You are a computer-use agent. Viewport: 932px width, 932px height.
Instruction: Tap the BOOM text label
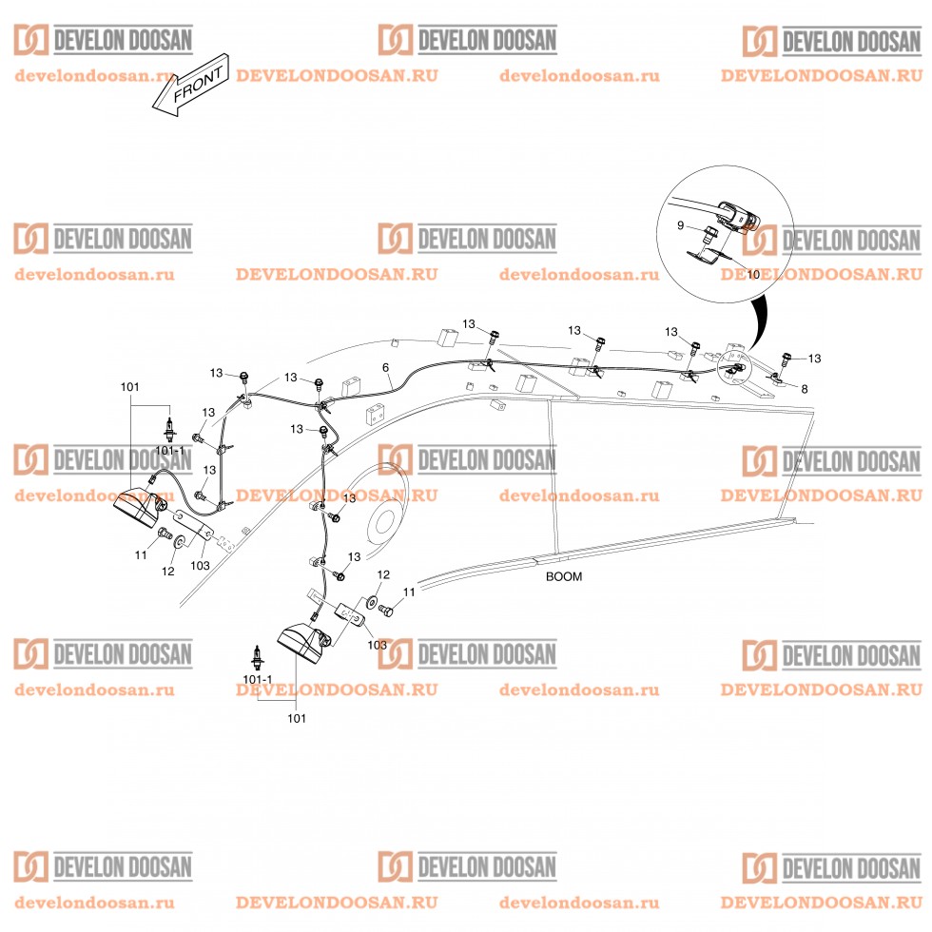[x=563, y=576]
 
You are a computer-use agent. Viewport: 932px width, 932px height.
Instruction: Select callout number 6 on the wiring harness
[x=385, y=367]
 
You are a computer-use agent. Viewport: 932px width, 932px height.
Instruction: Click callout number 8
[x=805, y=389]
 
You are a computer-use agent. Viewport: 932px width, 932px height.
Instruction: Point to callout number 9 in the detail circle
[x=681, y=226]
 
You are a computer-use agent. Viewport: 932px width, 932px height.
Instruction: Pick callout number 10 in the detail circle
[x=753, y=275]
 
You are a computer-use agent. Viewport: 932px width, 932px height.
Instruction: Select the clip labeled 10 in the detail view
[x=708, y=256]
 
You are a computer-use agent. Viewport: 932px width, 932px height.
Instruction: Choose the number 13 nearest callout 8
[x=814, y=359]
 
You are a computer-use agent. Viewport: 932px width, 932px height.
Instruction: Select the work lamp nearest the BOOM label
[x=304, y=642]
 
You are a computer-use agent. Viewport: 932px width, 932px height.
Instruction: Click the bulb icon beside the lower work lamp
[x=258, y=657]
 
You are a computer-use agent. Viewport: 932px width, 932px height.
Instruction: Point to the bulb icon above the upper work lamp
[x=170, y=430]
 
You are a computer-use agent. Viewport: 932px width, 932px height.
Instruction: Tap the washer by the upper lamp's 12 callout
[x=179, y=542]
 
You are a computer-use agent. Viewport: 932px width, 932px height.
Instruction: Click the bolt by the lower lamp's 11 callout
[x=386, y=610]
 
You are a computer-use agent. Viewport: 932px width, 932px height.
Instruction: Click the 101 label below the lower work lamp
[x=297, y=719]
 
